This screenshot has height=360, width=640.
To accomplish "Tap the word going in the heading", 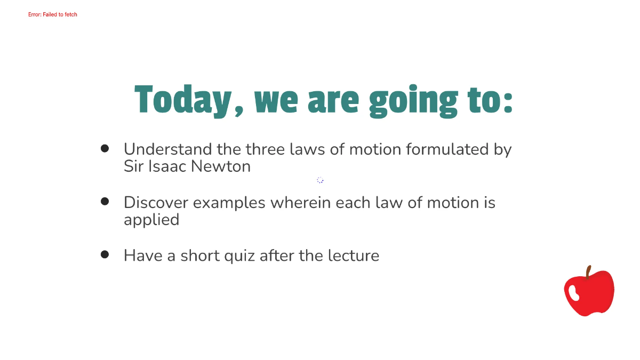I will click(413, 101).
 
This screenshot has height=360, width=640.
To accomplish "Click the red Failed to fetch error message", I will click(53, 14).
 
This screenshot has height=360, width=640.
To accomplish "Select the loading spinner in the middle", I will click(320, 180).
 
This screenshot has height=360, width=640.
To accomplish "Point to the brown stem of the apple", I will click(588, 273).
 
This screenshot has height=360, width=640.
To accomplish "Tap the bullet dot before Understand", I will click(105, 148).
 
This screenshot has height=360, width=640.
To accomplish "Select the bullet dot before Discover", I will click(105, 201).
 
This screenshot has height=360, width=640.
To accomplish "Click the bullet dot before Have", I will click(105, 254).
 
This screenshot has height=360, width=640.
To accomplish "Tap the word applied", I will click(151, 220).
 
